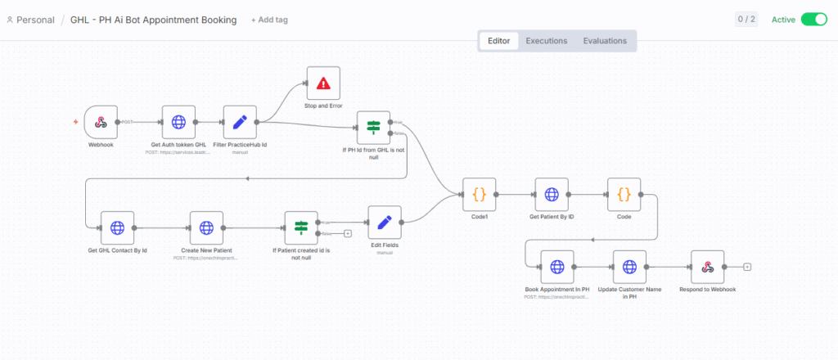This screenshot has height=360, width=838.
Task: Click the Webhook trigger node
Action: point(101,122)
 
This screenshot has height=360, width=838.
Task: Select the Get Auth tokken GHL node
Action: point(178,122)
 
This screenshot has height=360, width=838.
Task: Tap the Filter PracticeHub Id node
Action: point(240,122)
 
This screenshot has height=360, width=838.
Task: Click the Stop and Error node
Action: point(322,83)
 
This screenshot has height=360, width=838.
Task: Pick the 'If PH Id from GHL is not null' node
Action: point(373,128)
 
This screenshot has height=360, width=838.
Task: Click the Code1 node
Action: point(479,195)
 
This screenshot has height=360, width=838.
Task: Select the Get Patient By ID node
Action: point(552,195)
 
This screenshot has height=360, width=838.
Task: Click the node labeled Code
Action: point(624,195)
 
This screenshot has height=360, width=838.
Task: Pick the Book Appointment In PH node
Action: point(556,267)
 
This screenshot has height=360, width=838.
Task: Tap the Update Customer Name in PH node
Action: point(629,267)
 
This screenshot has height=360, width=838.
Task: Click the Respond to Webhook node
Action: point(708,267)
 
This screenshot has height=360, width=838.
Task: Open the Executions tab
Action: point(546,41)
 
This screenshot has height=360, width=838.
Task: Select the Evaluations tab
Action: point(605,41)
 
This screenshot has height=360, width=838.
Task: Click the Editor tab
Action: point(499,41)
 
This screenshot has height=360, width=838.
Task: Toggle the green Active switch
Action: point(813,20)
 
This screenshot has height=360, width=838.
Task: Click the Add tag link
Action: point(269,20)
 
